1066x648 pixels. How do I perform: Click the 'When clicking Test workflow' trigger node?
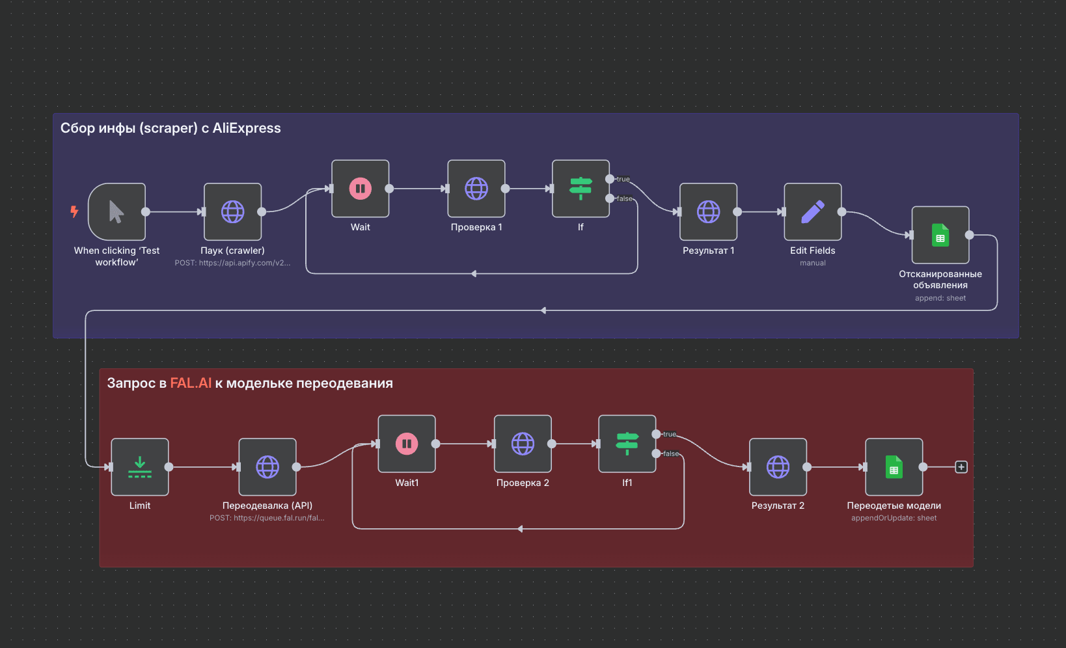tap(116, 212)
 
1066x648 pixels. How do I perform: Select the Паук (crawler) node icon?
tap(232, 212)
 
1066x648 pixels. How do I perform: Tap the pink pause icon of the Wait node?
tap(360, 189)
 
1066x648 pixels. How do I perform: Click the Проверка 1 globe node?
tap(476, 189)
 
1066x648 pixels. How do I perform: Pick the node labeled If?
tap(581, 189)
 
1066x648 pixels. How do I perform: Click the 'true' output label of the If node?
tap(623, 179)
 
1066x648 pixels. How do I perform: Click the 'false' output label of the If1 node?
tap(670, 454)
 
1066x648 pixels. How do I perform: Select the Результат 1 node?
tap(708, 212)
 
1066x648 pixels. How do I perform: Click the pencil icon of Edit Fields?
tap(812, 212)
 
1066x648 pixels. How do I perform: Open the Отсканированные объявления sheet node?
tap(940, 235)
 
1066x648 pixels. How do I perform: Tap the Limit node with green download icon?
tap(140, 467)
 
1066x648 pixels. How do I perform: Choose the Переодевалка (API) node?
tap(267, 467)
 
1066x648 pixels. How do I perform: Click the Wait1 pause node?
tap(407, 444)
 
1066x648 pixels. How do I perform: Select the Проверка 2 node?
tap(523, 444)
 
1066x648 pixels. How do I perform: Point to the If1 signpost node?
tap(627, 444)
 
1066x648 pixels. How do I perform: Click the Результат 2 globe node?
tap(778, 467)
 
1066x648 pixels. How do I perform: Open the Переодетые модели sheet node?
tap(894, 467)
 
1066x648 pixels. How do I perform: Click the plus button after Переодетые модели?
tap(961, 467)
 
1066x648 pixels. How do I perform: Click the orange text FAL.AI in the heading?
tap(191, 383)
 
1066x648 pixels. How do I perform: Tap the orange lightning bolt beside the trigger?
tap(74, 211)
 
